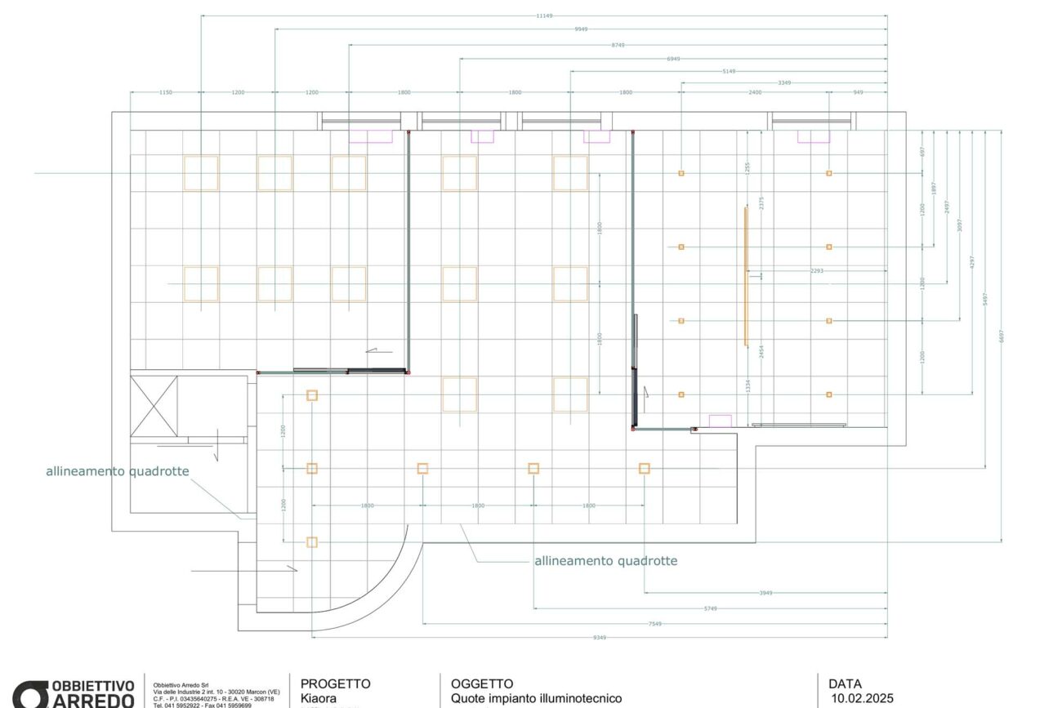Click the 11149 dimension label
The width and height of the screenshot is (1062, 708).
544,16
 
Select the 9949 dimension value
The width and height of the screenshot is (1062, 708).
581,29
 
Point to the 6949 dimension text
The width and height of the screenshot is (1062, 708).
673,59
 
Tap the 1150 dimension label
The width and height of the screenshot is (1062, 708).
165,92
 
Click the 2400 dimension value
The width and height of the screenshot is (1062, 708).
755,92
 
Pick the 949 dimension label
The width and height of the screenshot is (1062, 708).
858,92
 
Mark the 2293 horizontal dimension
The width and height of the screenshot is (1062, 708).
816,270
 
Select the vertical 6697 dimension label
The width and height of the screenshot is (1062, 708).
1002,336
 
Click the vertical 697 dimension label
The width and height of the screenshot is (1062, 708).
922,152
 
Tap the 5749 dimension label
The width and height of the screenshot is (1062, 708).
710,608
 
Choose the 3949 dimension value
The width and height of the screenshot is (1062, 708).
765,593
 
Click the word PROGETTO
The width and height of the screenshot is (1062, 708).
335,684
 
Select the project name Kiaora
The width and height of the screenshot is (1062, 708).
319,698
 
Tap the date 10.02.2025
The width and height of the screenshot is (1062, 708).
862,698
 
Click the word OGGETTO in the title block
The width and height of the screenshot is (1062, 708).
482,684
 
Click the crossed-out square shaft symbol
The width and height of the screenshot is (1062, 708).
154,405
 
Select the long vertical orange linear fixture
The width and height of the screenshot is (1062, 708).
746,276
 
